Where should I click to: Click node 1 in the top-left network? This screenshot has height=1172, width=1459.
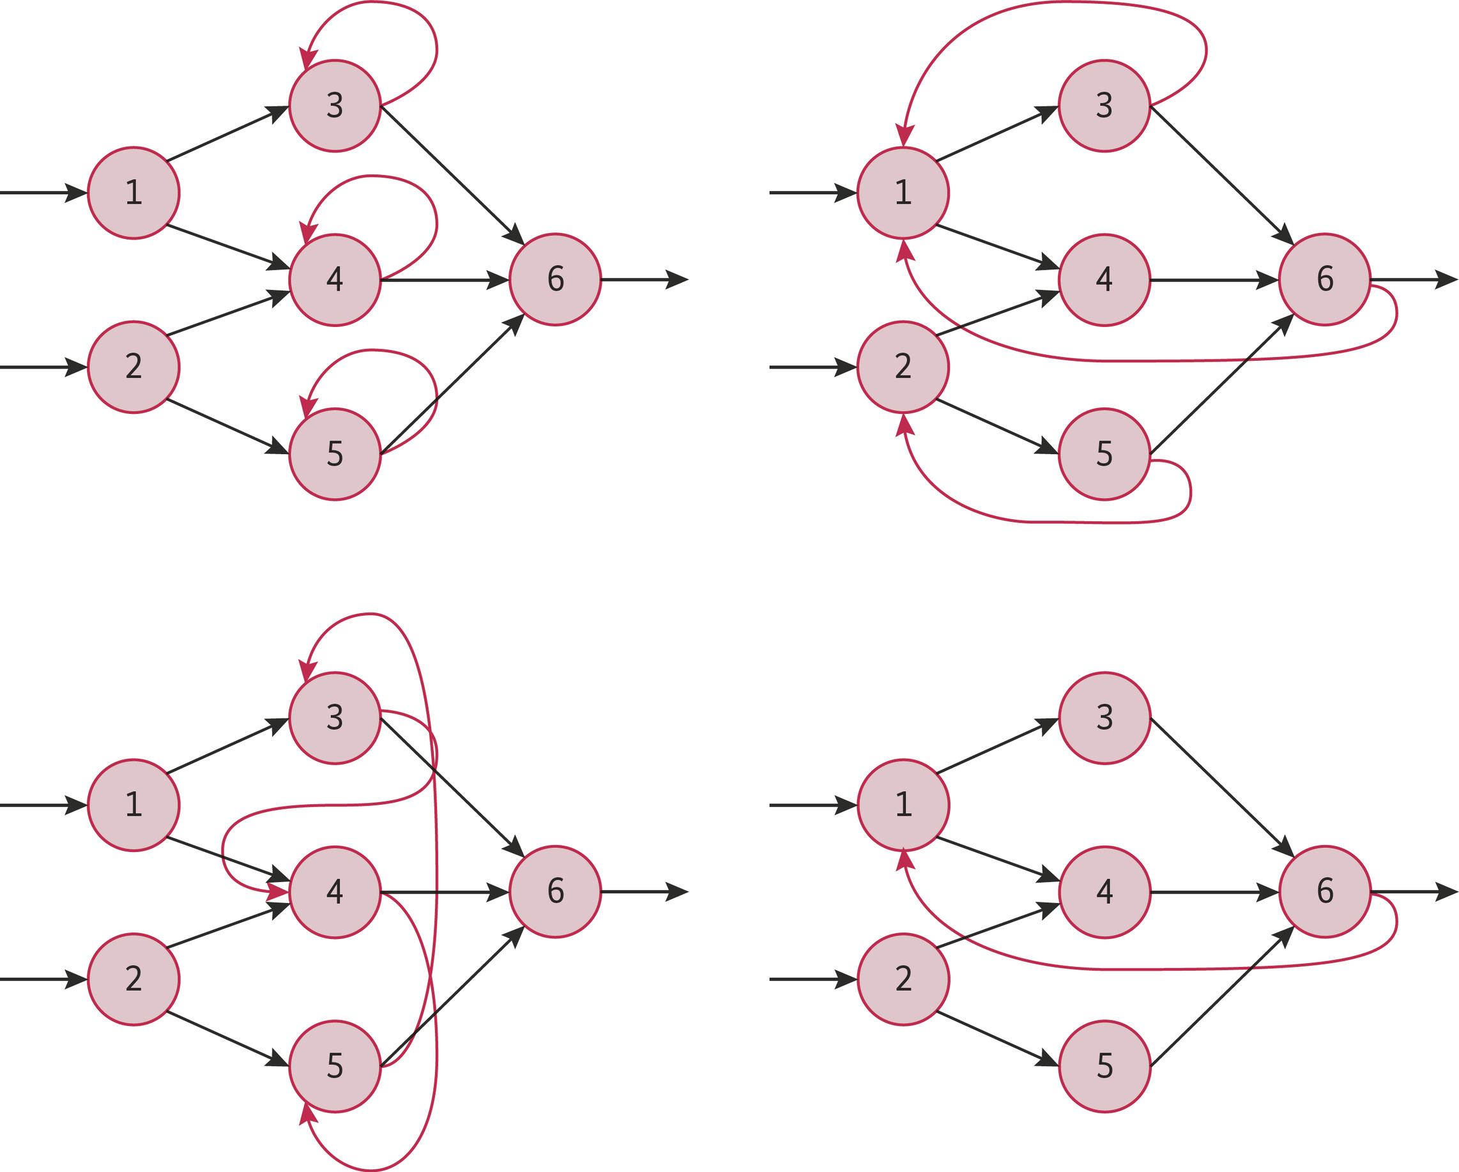134,193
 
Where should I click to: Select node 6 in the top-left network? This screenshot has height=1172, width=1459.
555,280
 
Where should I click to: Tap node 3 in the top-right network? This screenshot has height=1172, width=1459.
1104,105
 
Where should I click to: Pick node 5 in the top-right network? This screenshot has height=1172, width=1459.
1104,454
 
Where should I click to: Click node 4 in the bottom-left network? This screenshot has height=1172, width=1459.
335,892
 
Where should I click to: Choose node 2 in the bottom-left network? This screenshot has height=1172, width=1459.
134,979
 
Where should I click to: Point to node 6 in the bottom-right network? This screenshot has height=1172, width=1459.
1325,892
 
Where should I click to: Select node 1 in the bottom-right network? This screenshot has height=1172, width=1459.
903,805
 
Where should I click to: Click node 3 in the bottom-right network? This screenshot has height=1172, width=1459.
1104,718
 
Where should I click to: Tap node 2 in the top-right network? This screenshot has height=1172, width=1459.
903,367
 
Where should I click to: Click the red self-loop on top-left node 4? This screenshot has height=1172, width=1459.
406,186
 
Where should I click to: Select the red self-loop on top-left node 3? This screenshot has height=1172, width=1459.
406,12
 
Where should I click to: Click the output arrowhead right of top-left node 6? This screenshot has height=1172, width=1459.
676,280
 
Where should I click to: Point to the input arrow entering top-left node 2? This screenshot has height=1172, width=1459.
41,367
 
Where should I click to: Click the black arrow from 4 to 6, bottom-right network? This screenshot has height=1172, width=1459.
1211,892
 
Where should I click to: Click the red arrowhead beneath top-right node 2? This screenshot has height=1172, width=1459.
905,424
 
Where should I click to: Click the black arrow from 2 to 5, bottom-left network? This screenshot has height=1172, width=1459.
227,1039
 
